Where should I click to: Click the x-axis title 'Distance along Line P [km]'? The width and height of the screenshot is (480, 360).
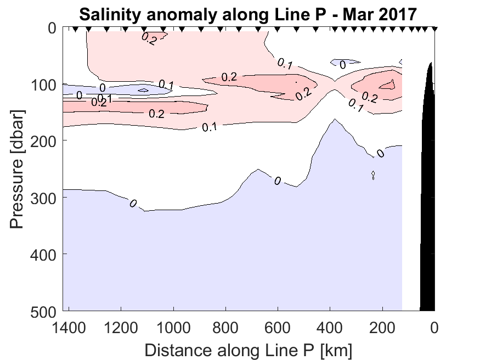(249, 349)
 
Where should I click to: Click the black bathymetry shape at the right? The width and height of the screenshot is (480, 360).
(428, 220)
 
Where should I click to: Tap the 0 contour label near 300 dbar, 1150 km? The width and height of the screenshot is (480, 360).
(133, 203)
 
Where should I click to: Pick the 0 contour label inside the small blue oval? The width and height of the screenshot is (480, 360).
(343, 65)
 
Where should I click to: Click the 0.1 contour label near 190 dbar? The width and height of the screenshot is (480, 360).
(209, 127)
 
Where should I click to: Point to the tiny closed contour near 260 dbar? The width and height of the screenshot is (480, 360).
(373, 175)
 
